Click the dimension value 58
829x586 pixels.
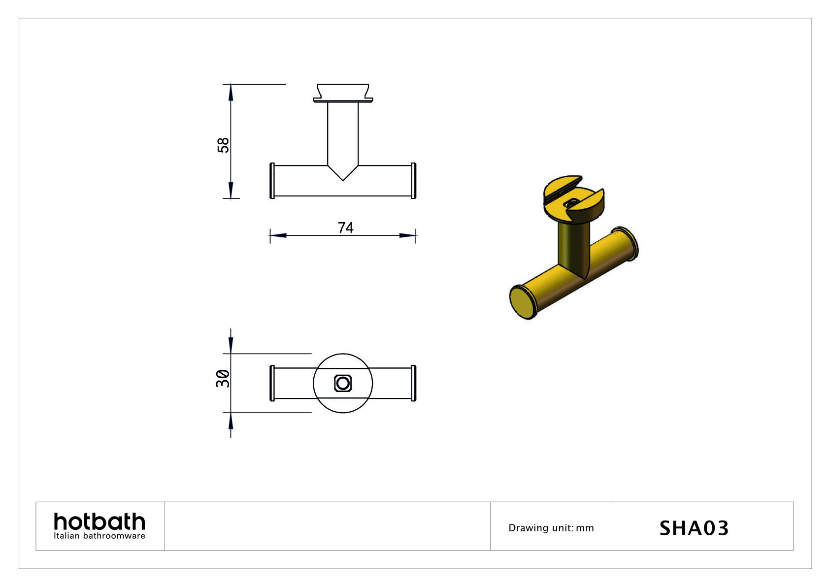point(223,145)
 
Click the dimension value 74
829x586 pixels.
point(345,228)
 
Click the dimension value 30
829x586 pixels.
point(223,378)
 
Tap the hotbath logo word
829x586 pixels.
point(99,521)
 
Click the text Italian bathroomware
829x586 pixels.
point(99,536)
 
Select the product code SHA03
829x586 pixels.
point(694,528)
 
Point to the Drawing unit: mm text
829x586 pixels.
point(551,528)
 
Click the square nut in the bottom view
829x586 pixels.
point(343,383)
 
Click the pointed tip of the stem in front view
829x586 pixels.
point(343,179)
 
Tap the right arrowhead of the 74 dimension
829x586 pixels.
point(408,235)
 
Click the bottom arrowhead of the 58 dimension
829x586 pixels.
point(231,191)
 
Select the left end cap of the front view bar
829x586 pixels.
point(272,180)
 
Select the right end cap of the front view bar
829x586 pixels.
point(414,180)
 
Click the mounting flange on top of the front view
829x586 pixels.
point(343,94)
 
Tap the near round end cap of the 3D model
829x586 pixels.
point(521,302)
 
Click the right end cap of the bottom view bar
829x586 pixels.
point(414,383)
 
